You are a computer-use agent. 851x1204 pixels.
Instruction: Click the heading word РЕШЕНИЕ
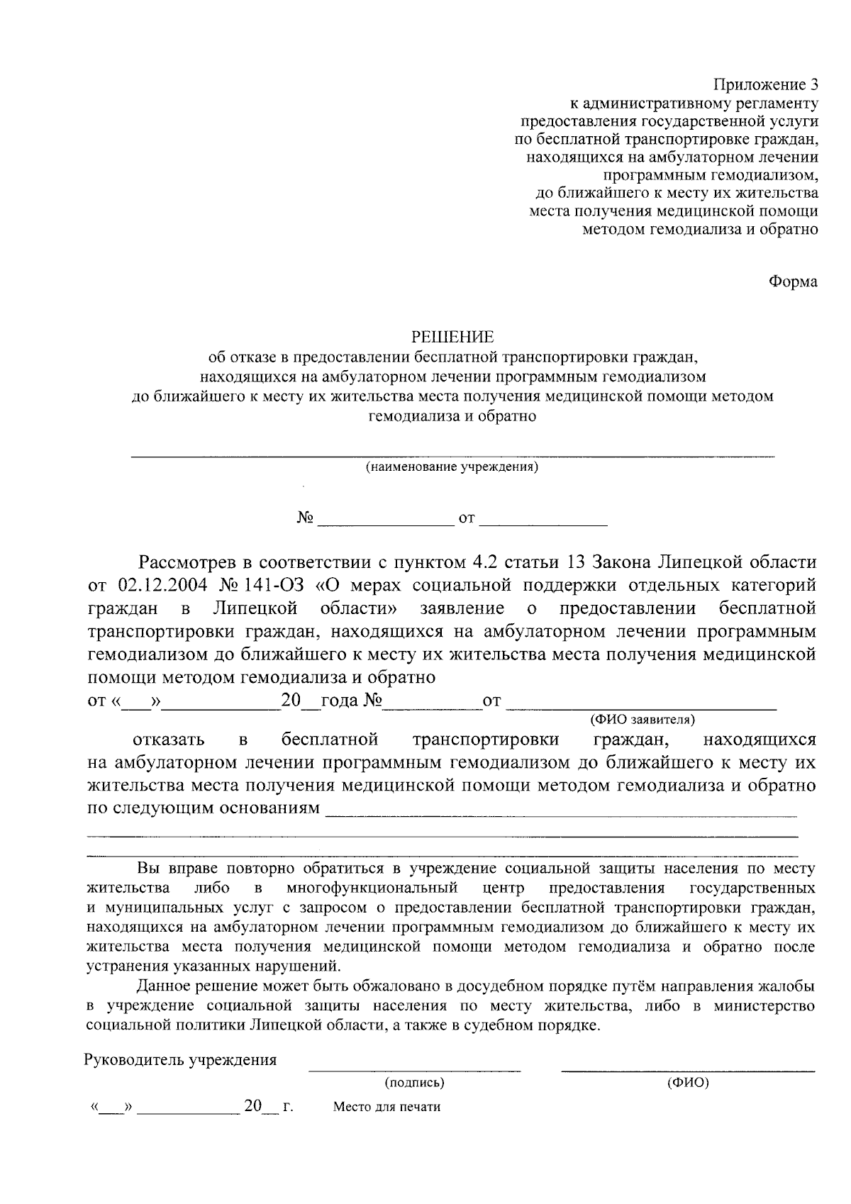[x=453, y=336]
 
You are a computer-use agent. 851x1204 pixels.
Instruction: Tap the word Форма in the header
[x=793, y=282]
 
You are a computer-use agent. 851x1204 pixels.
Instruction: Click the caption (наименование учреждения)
[x=452, y=467]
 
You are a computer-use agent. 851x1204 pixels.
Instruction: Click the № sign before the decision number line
[x=305, y=518]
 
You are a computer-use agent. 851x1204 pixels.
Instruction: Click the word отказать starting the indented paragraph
[x=169, y=740]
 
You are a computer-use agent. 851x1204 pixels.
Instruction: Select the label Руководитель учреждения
[x=181, y=1061]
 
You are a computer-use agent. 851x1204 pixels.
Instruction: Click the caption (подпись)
[x=415, y=1083]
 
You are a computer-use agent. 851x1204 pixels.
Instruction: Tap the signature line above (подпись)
[x=415, y=1069]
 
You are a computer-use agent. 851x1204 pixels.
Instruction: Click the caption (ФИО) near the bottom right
[x=688, y=1083]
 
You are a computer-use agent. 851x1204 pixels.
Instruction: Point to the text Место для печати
[x=386, y=1107]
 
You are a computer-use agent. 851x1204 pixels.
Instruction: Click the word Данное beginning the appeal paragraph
[x=161, y=986]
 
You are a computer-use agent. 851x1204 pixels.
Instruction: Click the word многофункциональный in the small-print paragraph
[x=372, y=888]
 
